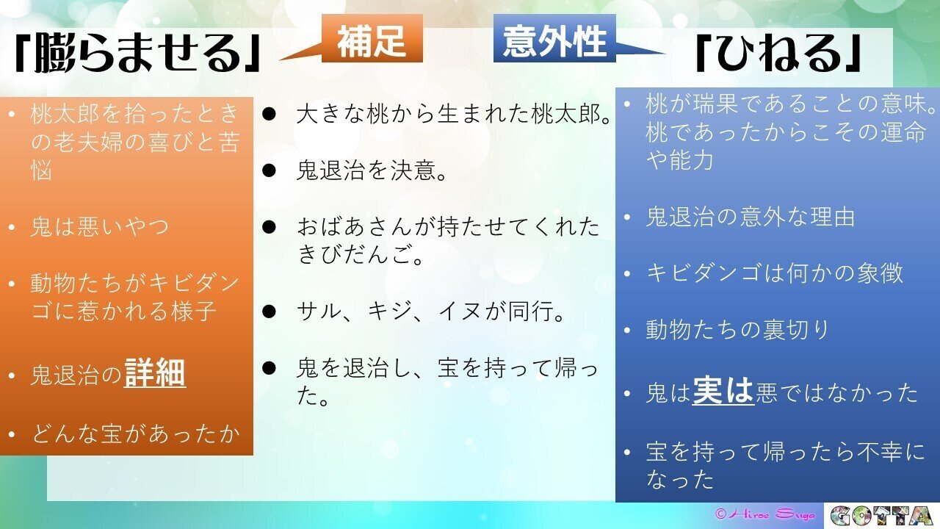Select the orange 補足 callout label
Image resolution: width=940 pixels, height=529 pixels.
[372, 41]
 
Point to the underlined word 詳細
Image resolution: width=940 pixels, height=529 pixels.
[155, 373]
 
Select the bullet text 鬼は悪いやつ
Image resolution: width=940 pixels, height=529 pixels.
[100, 226]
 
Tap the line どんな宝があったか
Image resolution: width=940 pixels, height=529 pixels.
[136, 433]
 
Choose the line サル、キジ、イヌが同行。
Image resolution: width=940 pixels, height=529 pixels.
[431, 312]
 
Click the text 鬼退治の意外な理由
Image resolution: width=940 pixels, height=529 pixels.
[751, 217]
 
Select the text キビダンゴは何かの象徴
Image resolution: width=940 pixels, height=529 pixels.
[775, 273]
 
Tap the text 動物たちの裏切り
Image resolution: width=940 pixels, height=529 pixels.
[737, 330]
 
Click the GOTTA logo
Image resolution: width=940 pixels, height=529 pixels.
[883, 516]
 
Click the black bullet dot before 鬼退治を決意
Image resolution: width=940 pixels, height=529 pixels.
[269, 171]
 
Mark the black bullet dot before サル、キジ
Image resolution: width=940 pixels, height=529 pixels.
[269, 312]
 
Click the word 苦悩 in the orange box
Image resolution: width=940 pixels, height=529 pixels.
[41, 172]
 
